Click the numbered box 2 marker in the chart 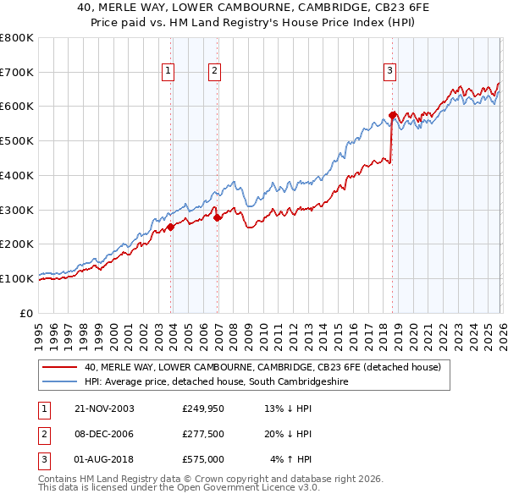215,72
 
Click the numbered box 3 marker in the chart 390,72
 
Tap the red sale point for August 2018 392,114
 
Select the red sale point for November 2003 171,227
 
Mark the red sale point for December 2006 218,217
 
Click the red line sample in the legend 59,368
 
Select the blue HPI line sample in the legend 59,382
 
